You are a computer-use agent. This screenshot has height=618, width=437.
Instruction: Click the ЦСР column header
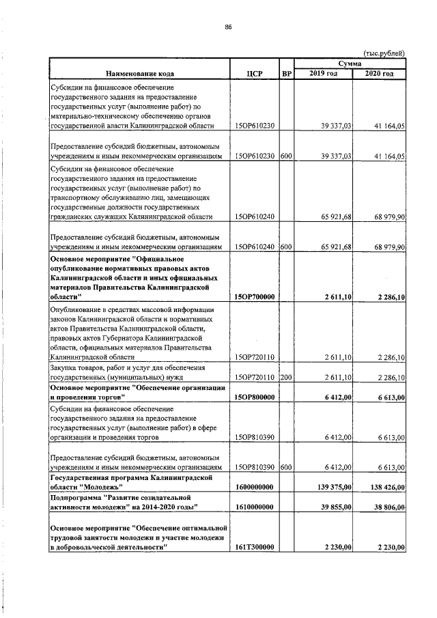coord(254,73)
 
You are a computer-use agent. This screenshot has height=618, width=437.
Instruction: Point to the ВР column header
coord(286,73)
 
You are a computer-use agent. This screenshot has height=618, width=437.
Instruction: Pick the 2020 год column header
coord(380,73)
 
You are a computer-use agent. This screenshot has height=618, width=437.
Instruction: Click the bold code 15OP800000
coord(254,396)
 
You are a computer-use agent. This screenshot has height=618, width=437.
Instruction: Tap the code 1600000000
coord(254,486)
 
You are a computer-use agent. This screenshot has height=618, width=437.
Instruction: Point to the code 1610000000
coord(254,507)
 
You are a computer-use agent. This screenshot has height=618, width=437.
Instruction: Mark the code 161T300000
coord(254,548)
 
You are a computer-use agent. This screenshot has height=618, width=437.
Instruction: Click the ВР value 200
coord(286,376)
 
